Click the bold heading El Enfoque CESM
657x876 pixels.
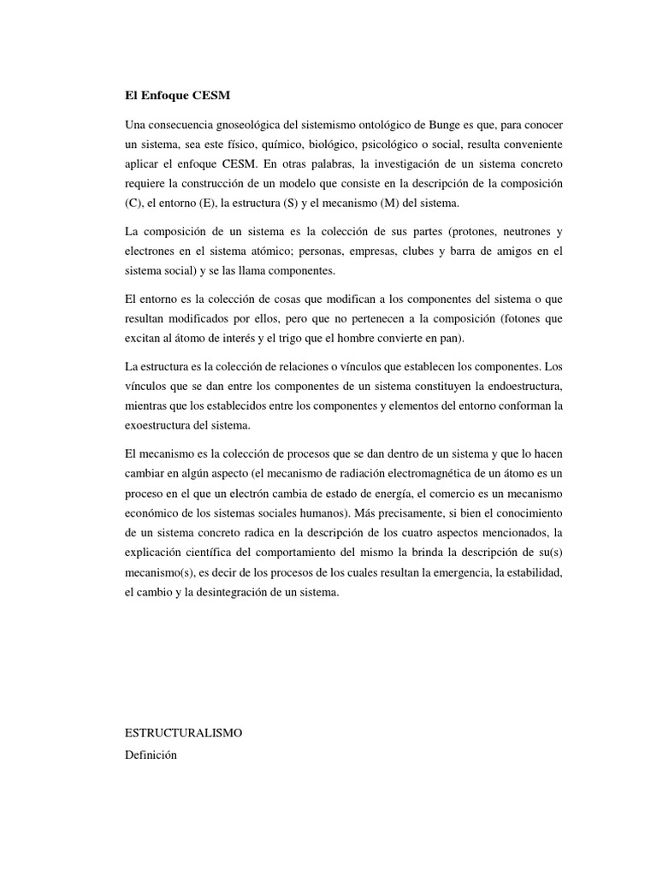click(x=177, y=95)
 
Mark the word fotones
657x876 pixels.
click(x=524, y=318)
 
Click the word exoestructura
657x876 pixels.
click(x=159, y=424)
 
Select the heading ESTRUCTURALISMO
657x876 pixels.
click(x=184, y=733)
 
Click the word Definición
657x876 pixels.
click(x=151, y=755)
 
